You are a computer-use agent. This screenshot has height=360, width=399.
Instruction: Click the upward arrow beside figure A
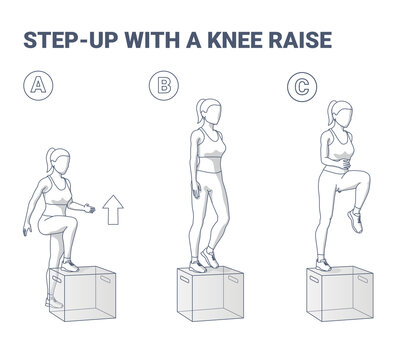pos(112,208)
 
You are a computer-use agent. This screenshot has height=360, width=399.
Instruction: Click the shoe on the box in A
pos(67,266)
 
